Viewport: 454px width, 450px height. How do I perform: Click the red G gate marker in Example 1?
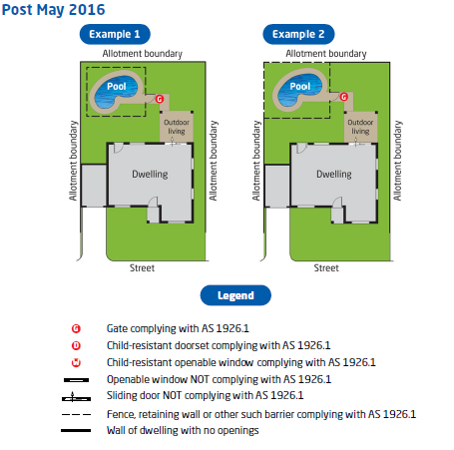point(160,99)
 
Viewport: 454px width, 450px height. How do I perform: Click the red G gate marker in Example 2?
point(343,97)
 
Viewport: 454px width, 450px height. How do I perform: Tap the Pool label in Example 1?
point(117,87)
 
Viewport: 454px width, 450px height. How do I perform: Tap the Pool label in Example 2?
point(300,87)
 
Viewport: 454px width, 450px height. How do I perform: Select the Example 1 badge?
point(115,34)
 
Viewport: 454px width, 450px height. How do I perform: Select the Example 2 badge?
point(298,34)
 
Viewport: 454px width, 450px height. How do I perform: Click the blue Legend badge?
point(235,295)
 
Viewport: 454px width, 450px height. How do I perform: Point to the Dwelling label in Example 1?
point(150,175)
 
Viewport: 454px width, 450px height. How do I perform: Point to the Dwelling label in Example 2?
point(334,175)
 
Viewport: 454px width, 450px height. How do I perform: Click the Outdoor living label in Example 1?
point(177,127)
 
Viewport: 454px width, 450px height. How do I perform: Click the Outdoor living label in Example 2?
point(360,127)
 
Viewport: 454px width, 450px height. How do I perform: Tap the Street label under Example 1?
point(142,268)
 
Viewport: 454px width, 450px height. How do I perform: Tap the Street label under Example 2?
point(326,268)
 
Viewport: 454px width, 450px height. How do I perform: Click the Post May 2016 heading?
point(54,10)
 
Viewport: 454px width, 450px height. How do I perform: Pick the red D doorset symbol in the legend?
point(76,345)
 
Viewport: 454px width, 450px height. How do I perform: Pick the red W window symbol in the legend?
point(76,362)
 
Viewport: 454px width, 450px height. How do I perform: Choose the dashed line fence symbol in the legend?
point(76,414)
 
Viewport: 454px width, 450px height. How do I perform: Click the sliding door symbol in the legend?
point(76,397)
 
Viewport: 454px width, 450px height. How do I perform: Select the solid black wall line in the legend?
point(76,430)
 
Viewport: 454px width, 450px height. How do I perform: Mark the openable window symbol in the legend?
point(76,380)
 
